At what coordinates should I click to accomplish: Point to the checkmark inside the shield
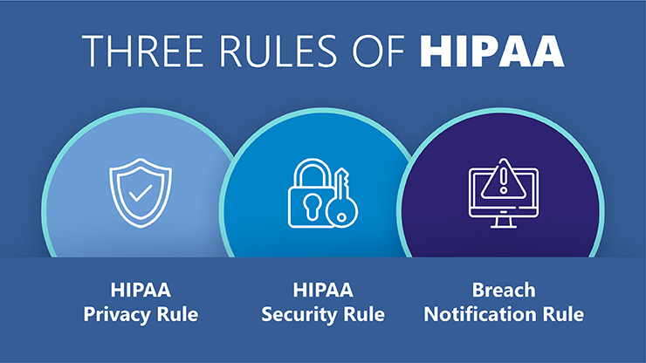141,190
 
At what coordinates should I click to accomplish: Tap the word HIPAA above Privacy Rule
141,291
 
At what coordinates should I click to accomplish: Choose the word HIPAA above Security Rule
323,291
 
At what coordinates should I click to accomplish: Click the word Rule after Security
364,314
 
